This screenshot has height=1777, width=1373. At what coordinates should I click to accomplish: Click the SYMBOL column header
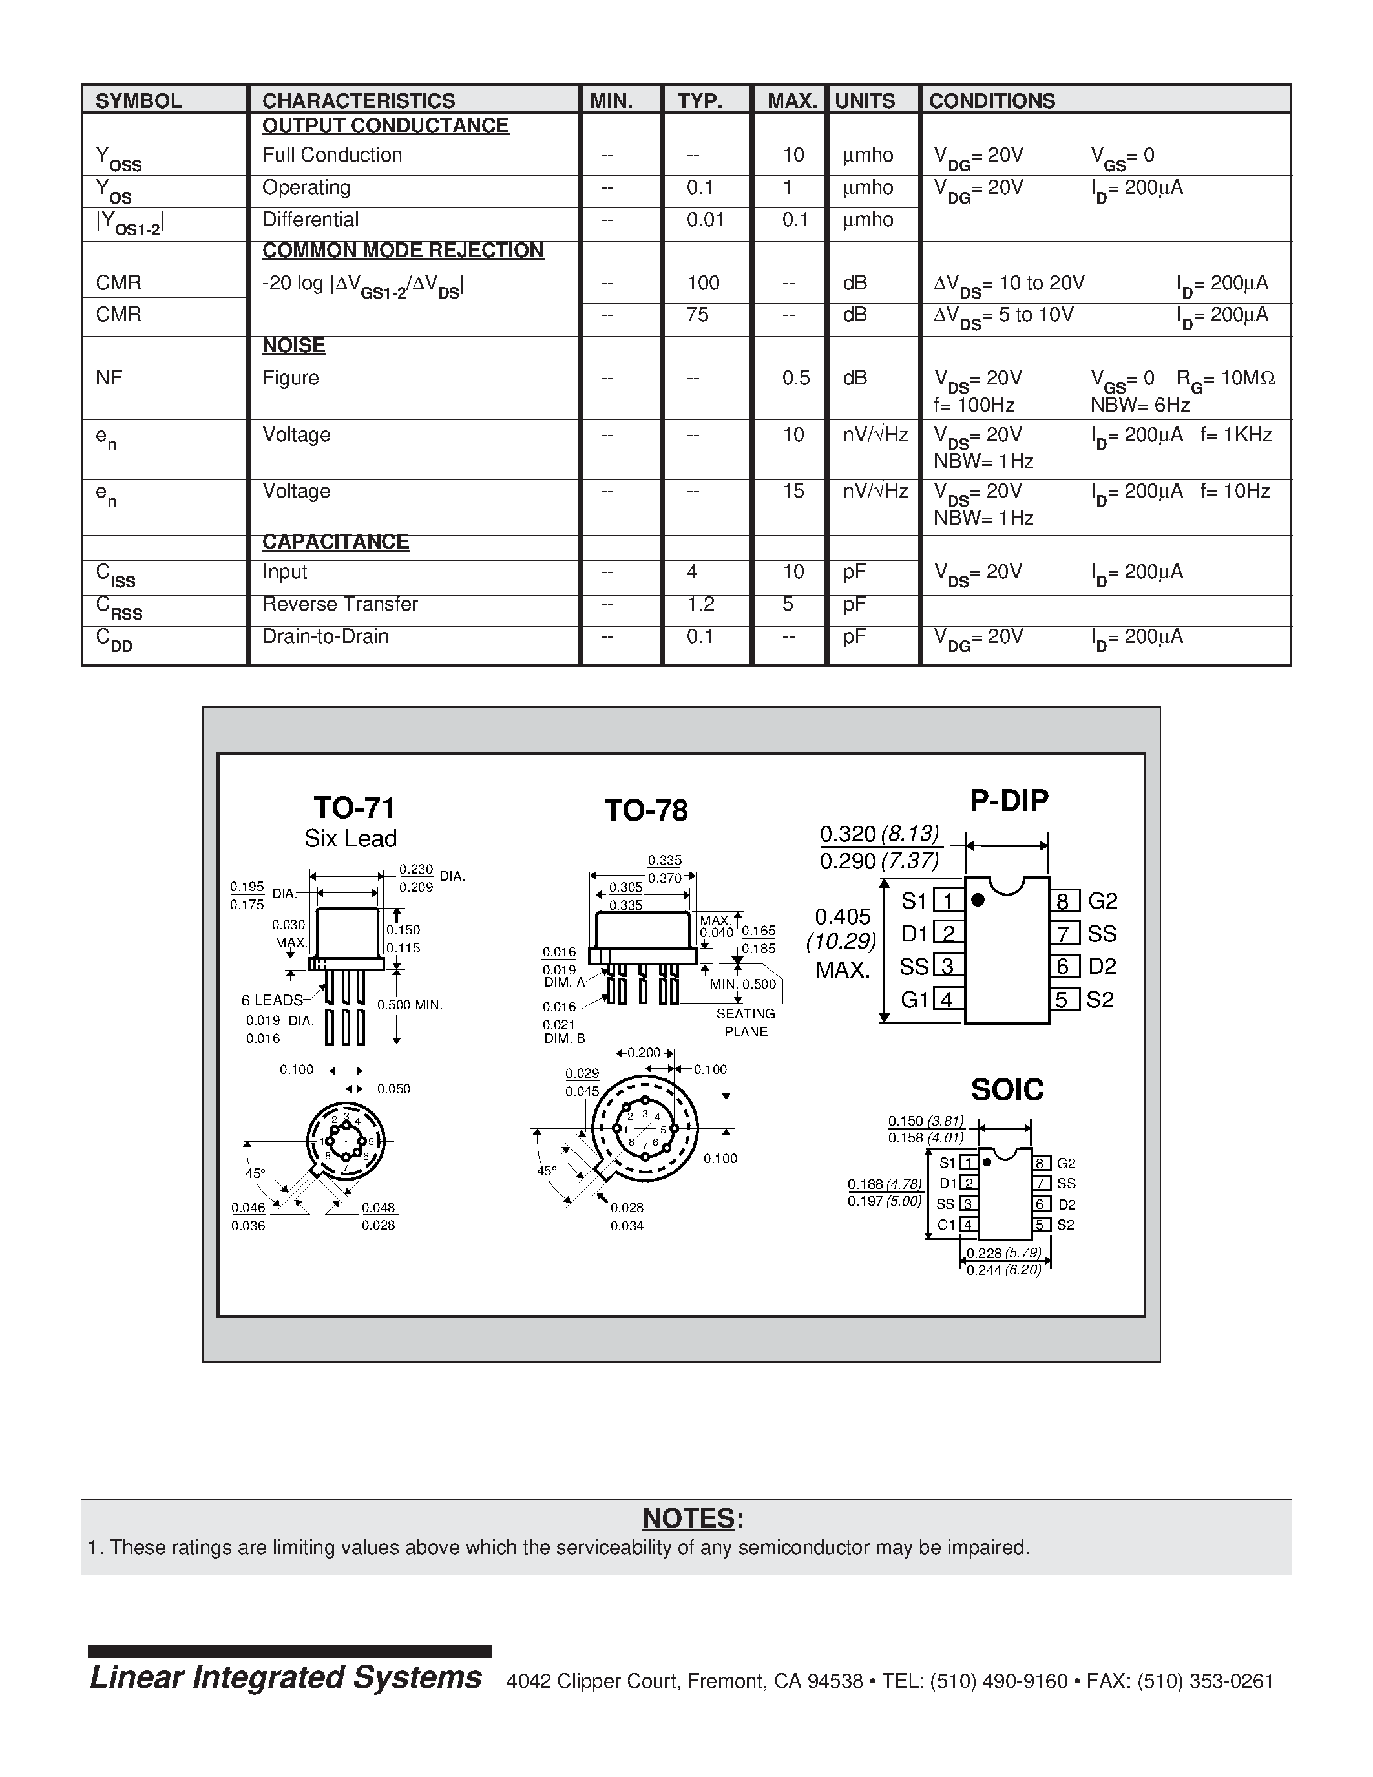[x=138, y=101]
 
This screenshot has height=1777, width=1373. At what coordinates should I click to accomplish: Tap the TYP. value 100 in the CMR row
[x=703, y=283]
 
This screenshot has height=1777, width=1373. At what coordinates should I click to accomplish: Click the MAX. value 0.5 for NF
[x=795, y=379]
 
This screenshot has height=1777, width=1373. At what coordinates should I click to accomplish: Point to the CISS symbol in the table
[x=116, y=575]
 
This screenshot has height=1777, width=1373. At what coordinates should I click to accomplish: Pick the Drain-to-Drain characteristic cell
[x=326, y=636]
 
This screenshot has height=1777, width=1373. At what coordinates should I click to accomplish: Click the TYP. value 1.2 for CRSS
[x=700, y=605]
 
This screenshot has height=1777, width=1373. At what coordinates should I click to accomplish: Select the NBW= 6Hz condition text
[x=1140, y=405]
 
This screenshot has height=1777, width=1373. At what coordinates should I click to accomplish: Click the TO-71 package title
[x=355, y=808]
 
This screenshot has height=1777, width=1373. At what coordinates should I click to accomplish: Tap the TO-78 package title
[x=646, y=810]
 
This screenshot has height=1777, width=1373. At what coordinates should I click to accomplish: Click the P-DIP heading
[x=1009, y=801]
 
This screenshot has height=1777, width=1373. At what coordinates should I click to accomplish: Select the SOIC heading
[x=1007, y=1089]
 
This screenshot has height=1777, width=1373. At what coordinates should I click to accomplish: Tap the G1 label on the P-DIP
[x=914, y=999]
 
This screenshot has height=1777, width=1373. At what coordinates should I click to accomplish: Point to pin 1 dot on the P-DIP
[x=978, y=900]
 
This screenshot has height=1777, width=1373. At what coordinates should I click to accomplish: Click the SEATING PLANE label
[x=745, y=1023]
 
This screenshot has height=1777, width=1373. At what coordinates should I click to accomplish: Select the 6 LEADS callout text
[x=271, y=1000]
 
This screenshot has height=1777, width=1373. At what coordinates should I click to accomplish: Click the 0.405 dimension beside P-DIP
[x=843, y=917]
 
